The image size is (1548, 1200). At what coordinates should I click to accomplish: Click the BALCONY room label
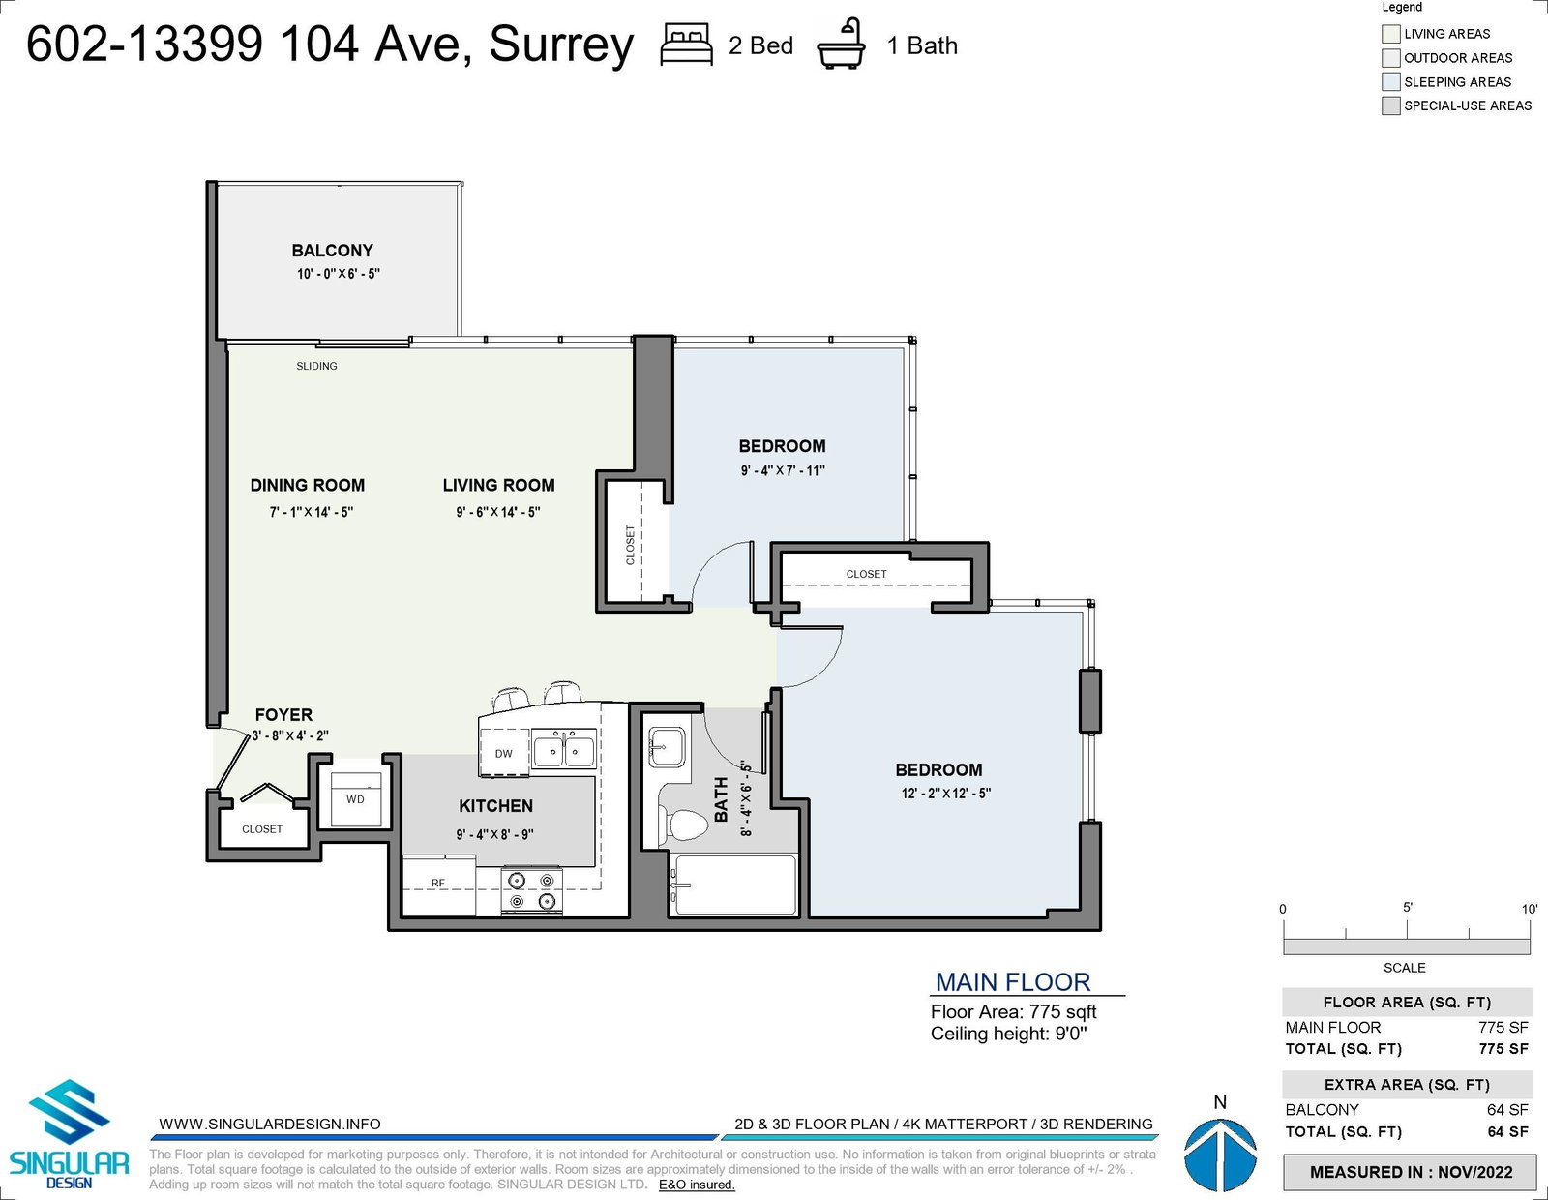[x=332, y=250]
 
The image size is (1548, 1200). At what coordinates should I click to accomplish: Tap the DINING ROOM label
[x=307, y=485]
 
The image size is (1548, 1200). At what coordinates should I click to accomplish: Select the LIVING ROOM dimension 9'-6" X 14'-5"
[x=498, y=512]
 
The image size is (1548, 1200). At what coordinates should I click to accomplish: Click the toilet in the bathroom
[x=683, y=825]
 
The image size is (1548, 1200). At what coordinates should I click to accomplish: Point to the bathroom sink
[x=667, y=746]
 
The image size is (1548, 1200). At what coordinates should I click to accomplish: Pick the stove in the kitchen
[x=531, y=890]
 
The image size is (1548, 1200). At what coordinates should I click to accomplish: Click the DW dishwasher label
[x=504, y=753]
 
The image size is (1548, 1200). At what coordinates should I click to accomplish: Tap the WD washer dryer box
[x=355, y=798]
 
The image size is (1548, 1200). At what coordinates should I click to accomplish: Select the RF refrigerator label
[x=437, y=883]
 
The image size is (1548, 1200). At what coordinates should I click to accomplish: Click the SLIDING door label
[x=317, y=366]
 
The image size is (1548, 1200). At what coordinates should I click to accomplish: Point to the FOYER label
[x=283, y=715]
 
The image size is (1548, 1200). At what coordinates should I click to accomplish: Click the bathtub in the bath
[x=733, y=885]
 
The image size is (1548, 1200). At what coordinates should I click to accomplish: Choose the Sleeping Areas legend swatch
[x=1390, y=81]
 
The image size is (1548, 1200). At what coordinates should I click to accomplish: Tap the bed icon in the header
[x=686, y=45]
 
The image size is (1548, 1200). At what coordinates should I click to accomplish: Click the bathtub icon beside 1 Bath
[x=841, y=45]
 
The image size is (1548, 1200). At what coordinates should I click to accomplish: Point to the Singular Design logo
[x=69, y=1134]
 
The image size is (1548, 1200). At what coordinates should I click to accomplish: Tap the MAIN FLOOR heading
[x=1012, y=982]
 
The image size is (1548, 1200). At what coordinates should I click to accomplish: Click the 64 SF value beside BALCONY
[x=1507, y=1109]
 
